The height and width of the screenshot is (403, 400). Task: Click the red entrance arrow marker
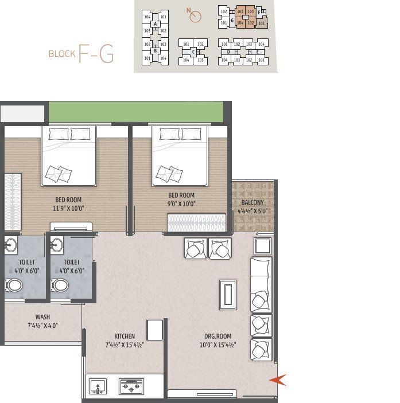point(277,379)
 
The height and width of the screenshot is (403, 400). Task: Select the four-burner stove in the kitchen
point(131,388)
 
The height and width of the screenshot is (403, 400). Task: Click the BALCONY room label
point(253,202)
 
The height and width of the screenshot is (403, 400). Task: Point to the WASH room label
point(42,317)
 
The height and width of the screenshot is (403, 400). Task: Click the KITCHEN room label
point(124,337)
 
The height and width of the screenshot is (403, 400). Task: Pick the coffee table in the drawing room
point(228,295)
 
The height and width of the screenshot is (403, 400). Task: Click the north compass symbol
point(195,16)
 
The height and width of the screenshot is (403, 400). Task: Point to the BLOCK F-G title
point(81,54)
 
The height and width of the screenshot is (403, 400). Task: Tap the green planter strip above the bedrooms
point(135,111)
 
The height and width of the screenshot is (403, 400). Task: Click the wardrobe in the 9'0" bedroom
point(197,223)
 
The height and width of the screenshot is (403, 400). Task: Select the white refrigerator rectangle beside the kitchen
point(155,330)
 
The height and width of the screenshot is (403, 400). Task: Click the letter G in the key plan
point(231,20)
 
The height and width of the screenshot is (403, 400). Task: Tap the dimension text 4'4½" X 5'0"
point(253,210)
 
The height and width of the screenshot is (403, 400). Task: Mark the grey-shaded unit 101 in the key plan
point(261,24)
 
